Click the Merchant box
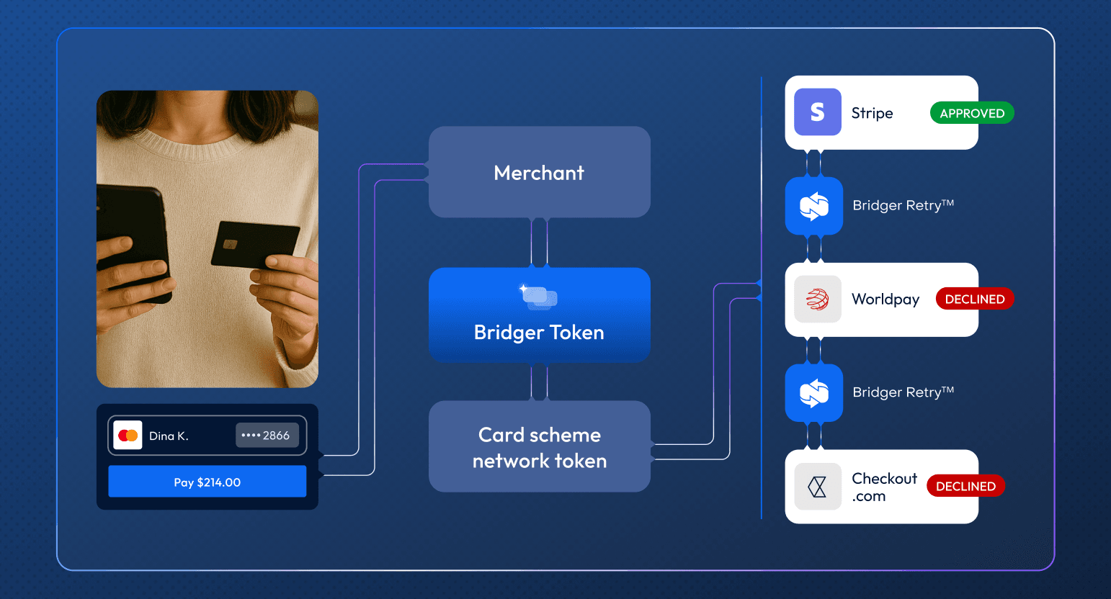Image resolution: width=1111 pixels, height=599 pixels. point(539,172)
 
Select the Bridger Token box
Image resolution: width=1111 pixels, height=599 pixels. point(539,315)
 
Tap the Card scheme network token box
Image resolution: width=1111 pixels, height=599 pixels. point(539,446)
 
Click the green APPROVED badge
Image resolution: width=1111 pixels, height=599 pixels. point(972,113)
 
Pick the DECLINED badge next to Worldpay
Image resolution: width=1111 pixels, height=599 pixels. point(975,299)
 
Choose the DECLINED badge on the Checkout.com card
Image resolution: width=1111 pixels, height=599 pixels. point(965,486)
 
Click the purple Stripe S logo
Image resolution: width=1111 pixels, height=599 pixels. point(817,112)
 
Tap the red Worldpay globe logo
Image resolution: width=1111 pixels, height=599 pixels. point(817,299)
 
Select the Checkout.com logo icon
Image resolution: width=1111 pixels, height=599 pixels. point(817,487)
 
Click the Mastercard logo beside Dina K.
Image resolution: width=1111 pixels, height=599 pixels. point(128,435)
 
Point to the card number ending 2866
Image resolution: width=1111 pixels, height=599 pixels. point(267,435)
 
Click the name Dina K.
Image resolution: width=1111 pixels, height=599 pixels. point(169,436)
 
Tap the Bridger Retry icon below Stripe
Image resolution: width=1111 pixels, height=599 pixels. point(814,206)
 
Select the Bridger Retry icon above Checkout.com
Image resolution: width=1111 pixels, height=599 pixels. point(814,393)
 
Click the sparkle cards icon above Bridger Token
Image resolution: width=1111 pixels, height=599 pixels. point(539,297)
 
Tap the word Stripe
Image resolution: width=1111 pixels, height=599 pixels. point(872,114)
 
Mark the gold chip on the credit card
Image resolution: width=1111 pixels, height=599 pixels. point(230,244)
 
